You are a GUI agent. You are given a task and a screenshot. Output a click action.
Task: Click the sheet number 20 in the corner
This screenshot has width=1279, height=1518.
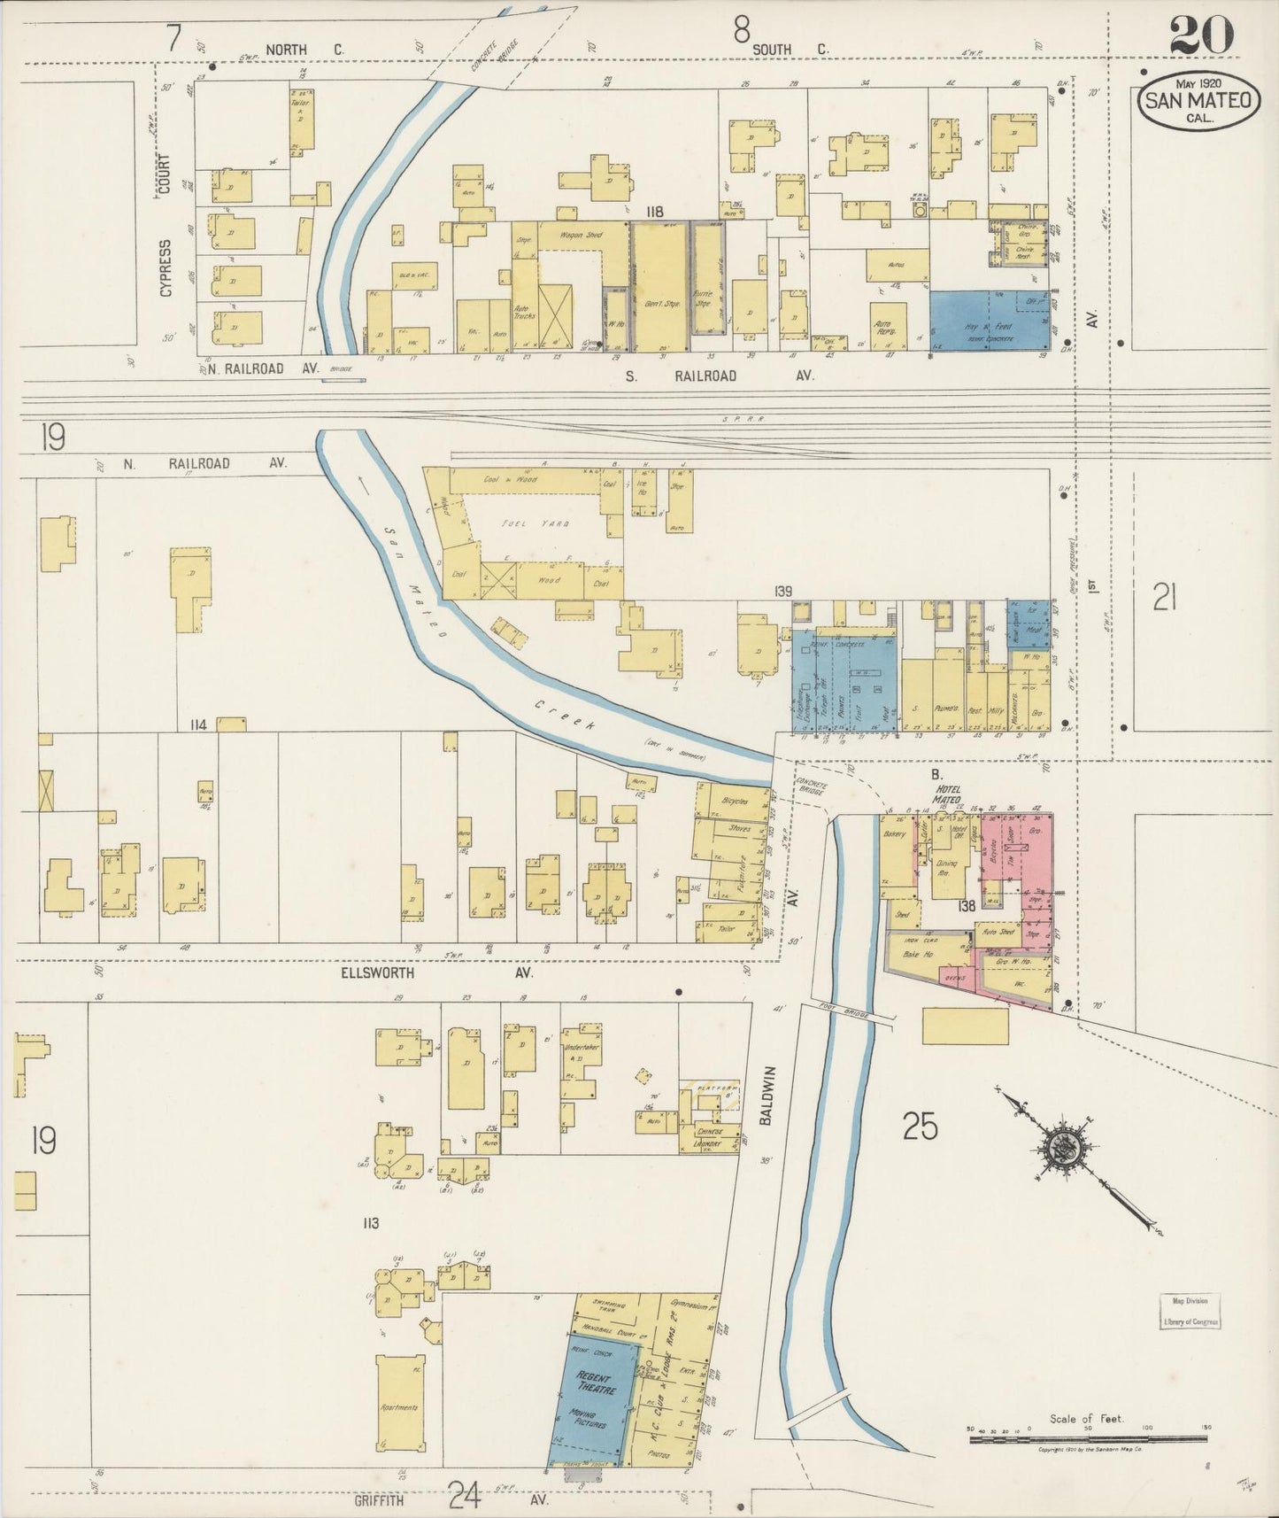(1201, 37)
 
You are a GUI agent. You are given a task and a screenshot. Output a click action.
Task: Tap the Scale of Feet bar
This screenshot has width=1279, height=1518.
(1089, 1441)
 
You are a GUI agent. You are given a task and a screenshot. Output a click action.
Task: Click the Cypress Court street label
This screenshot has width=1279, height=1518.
(165, 230)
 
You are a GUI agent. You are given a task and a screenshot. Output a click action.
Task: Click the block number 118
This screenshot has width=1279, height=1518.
(655, 211)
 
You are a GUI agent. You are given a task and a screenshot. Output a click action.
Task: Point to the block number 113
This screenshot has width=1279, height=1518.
(370, 1223)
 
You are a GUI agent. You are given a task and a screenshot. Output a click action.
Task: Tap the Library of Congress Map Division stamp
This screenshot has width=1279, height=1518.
(1190, 1310)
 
